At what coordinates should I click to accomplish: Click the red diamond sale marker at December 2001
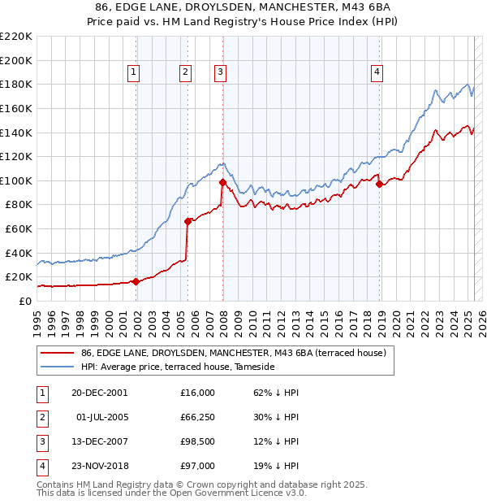point(136,281)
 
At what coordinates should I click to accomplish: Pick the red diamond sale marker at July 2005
point(187,220)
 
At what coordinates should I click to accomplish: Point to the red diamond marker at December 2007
point(222,182)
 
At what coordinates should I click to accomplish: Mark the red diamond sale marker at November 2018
point(379,184)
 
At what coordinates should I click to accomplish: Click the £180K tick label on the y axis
point(17,84)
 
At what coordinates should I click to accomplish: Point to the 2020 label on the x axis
point(395,319)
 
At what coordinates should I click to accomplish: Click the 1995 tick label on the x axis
point(37,319)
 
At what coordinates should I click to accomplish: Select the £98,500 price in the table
point(197,441)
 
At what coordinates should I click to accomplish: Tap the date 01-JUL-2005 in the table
point(105,417)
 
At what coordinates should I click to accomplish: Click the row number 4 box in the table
point(41,466)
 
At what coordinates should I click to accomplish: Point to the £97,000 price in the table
point(197,466)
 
